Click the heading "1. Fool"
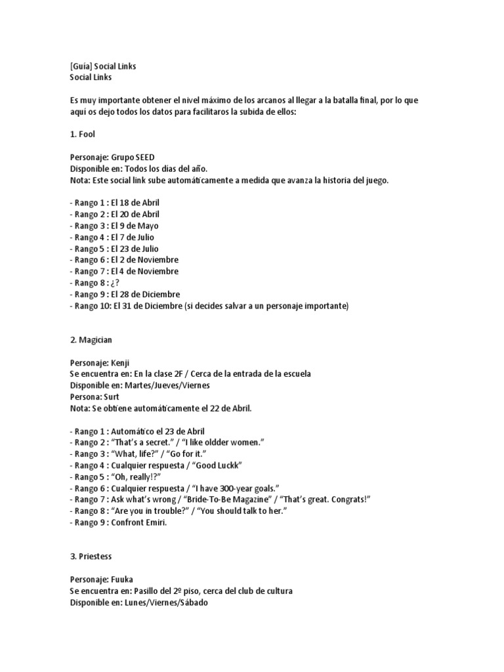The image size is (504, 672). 82,134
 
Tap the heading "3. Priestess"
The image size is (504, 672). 91,556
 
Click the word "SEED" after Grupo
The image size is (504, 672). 144,157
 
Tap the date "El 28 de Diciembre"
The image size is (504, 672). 145,295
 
